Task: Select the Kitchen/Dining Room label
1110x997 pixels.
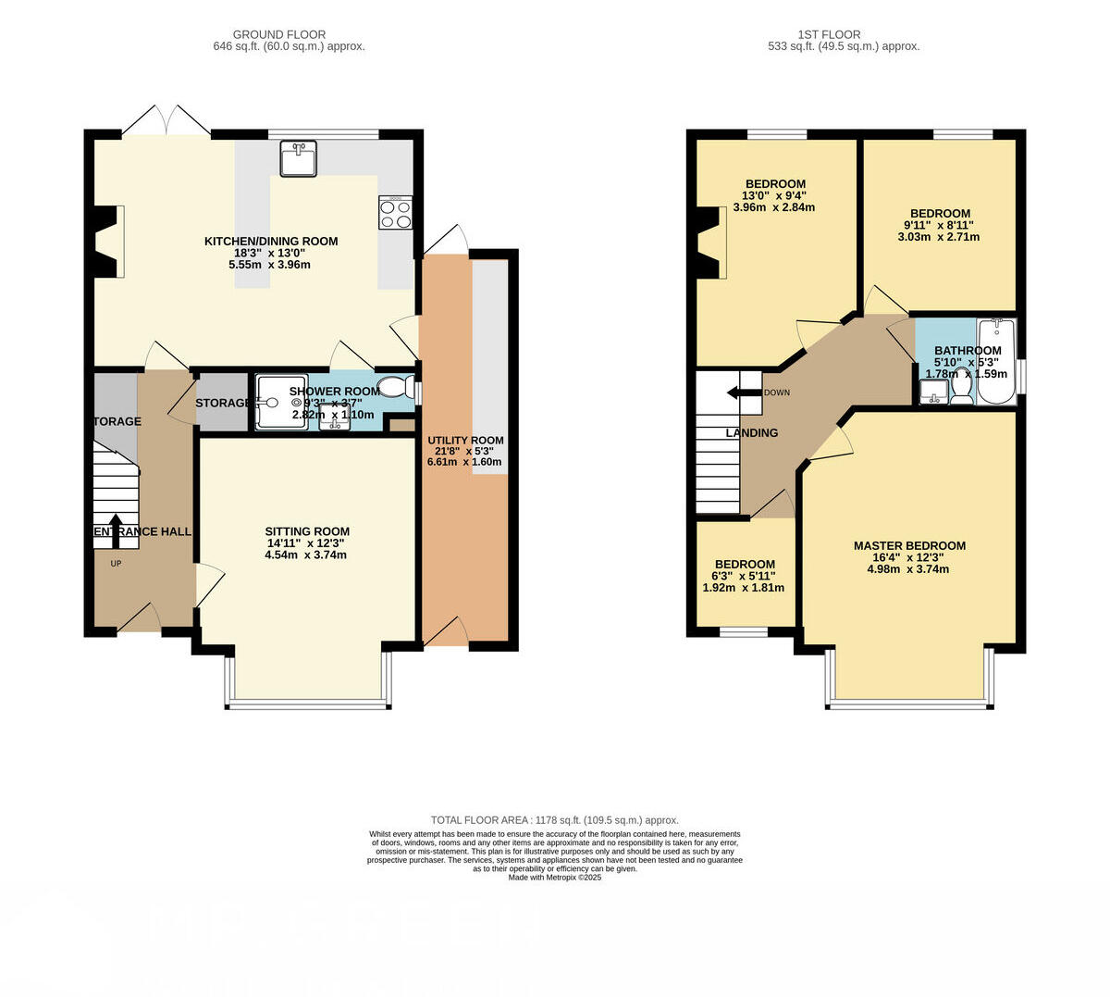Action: pos(271,242)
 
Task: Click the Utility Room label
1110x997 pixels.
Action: pos(465,441)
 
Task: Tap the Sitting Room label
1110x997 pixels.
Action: pos(306,532)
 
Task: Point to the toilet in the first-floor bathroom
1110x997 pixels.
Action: pos(961,388)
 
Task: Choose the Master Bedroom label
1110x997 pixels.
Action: pos(908,546)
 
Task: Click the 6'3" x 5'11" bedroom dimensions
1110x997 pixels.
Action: pos(744,576)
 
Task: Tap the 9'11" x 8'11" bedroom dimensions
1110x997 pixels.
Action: pos(939,225)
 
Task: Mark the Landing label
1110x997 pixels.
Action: pos(751,433)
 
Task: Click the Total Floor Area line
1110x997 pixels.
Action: pos(555,820)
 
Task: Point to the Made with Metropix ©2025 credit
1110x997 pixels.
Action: pos(555,878)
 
